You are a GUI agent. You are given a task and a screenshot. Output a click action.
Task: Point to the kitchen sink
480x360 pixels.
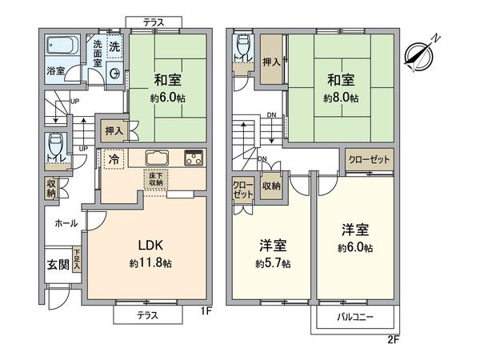155,156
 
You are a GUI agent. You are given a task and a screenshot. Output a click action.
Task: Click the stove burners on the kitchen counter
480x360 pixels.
194,156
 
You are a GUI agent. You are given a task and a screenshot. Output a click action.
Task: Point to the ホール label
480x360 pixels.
66,224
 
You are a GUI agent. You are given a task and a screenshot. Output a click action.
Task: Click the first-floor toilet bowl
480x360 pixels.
55,147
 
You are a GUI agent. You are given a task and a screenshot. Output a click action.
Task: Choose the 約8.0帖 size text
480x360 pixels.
340,98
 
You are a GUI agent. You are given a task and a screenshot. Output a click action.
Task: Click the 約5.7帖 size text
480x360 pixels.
274,263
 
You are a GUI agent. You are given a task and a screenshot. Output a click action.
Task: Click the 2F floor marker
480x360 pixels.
391,339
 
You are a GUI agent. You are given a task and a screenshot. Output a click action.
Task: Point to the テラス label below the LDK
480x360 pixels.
144,315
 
